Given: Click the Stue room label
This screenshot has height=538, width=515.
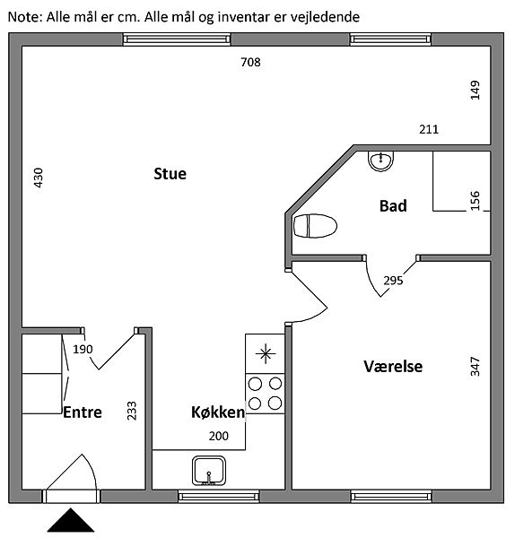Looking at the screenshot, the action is (x=170, y=174).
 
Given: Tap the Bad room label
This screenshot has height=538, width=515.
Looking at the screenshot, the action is (x=393, y=206).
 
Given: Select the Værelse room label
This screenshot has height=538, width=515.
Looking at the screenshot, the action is (x=393, y=367).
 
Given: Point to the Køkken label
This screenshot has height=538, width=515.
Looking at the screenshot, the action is (x=218, y=412).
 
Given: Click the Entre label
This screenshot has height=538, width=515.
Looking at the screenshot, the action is (x=83, y=412).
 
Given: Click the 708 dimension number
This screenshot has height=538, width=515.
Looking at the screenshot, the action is (x=250, y=62).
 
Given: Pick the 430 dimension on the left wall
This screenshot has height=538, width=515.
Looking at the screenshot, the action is (x=39, y=178).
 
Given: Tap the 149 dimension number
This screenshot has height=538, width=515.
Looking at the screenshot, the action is (x=475, y=91).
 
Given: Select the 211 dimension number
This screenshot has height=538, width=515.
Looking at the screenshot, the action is (x=429, y=129).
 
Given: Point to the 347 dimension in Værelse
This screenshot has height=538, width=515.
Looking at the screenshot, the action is (x=475, y=367).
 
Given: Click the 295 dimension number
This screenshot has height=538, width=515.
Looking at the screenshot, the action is (x=393, y=281).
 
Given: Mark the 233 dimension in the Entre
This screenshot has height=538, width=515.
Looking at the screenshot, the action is (x=132, y=411).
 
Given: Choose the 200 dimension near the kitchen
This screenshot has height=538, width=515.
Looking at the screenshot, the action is (x=219, y=436).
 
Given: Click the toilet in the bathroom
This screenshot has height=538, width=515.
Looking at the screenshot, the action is (x=315, y=226).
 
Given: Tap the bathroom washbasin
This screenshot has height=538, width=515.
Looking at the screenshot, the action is (x=380, y=161).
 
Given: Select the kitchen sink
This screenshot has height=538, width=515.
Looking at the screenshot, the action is (x=209, y=471).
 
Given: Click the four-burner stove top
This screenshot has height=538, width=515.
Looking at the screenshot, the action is (x=265, y=394).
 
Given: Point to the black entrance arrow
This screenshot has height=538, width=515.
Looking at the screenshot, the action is (x=71, y=520).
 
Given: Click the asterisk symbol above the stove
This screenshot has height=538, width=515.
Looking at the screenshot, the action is (x=266, y=354).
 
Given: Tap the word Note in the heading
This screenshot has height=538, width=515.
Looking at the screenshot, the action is (x=23, y=16).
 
